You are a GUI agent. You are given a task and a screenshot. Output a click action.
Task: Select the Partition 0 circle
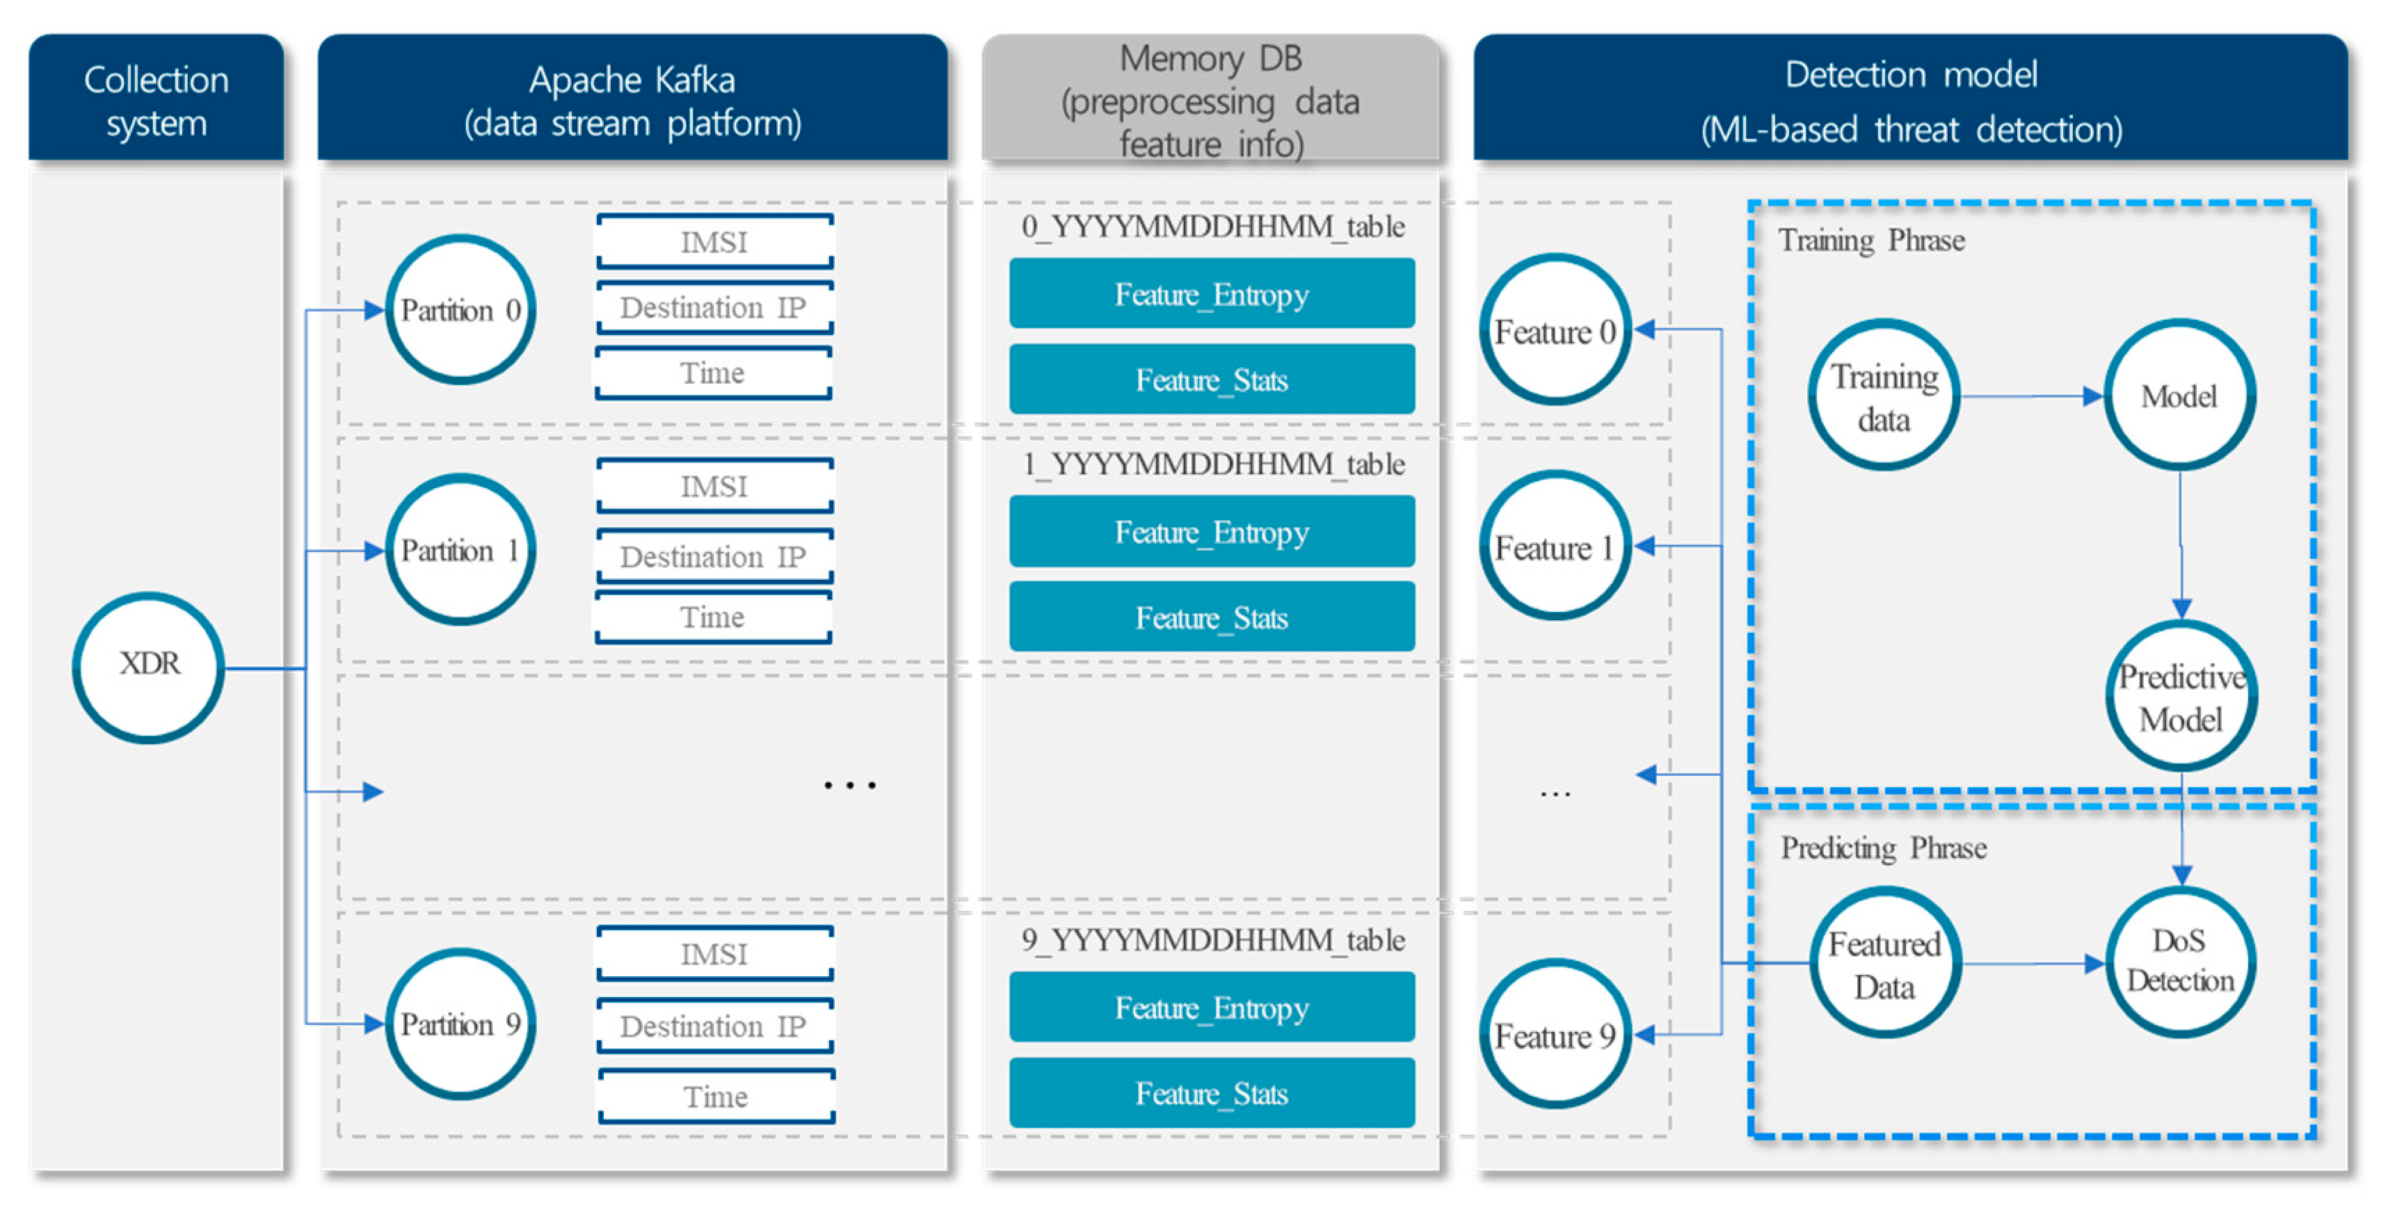(x=460, y=309)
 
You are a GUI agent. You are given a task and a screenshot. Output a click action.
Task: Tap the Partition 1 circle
(x=460, y=551)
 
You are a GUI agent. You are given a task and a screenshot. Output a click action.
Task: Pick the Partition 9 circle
(x=460, y=1024)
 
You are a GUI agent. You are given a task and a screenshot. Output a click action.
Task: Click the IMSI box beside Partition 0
(x=714, y=242)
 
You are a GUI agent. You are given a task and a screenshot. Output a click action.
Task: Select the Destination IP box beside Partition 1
(x=714, y=556)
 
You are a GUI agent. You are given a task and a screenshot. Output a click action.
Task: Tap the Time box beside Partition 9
(x=716, y=1096)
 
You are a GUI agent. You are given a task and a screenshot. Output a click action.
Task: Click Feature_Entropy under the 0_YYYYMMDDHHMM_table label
(x=1212, y=294)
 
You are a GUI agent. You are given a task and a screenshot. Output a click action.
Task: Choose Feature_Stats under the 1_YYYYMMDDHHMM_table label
(x=1212, y=617)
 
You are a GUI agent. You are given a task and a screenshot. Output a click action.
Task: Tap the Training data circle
(x=1884, y=396)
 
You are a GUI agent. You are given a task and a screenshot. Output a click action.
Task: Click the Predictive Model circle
(x=2180, y=697)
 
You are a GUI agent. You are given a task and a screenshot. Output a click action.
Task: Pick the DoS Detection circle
(x=2180, y=962)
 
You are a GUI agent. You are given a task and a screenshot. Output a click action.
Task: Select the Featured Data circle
(x=1884, y=964)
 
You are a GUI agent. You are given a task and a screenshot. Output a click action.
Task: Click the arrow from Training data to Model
(x=2030, y=396)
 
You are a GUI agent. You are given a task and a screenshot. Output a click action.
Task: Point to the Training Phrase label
(x=1870, y=241)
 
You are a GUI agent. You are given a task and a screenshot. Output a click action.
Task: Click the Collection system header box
(x=156, y=99)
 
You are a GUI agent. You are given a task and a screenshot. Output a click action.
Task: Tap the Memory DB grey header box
(x=1210, y=99)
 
